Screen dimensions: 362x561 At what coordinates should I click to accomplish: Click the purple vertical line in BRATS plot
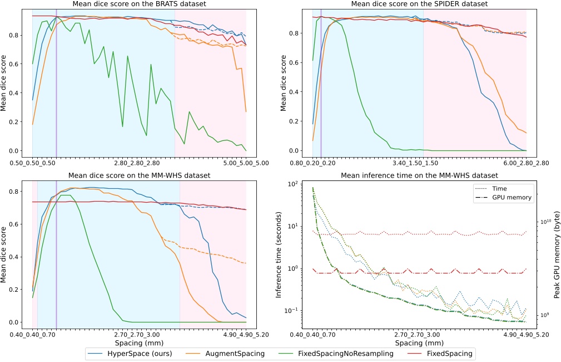point(56,84)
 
